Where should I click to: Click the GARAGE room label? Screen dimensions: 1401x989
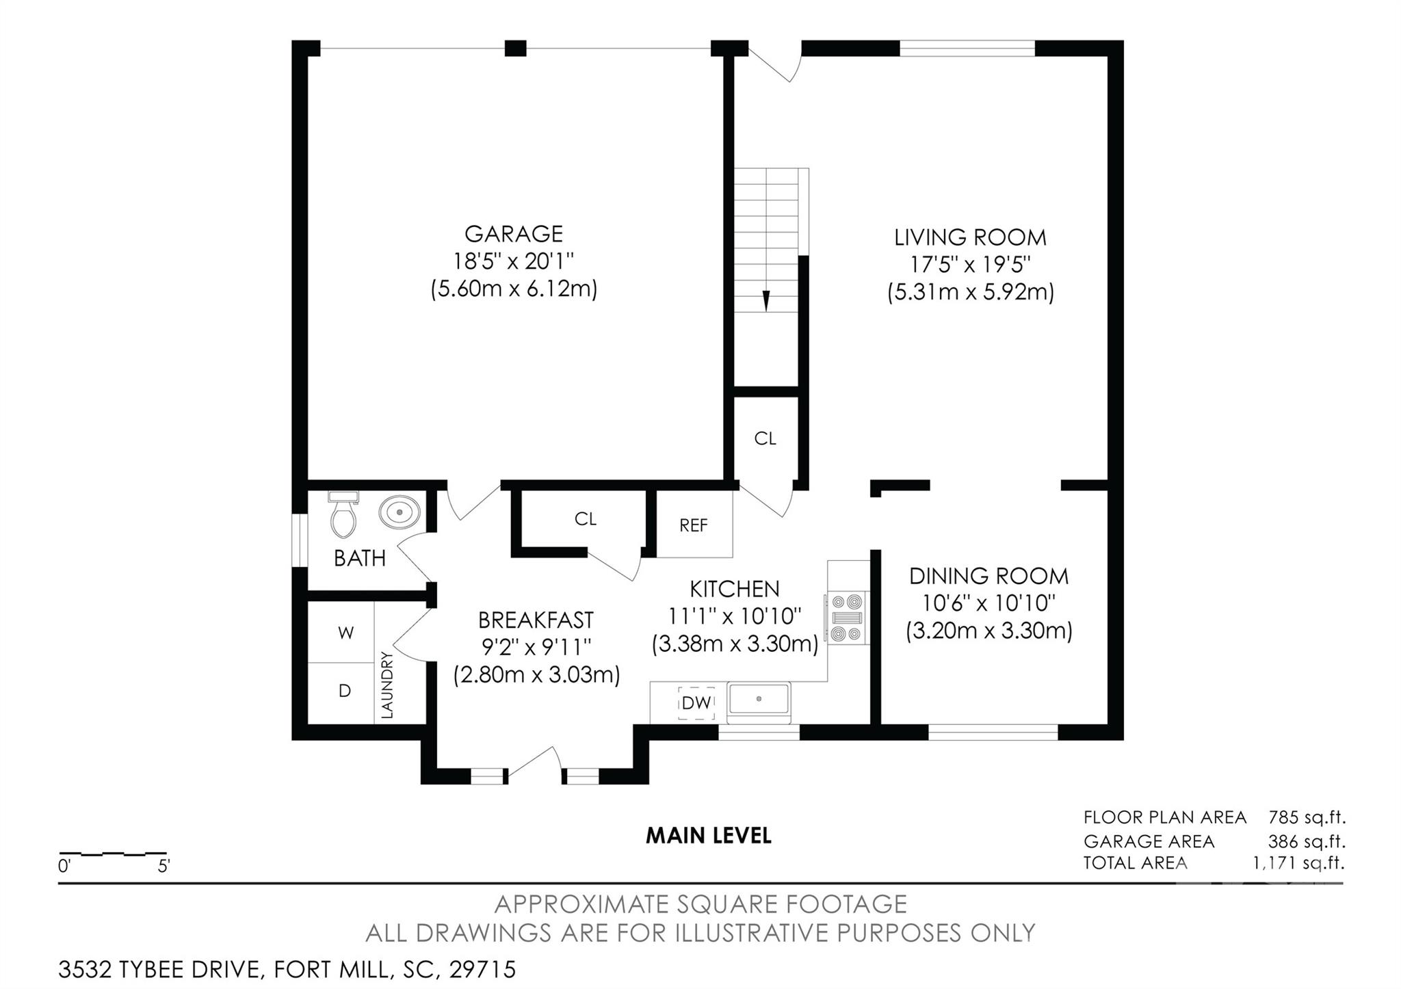click(x=514, y=234)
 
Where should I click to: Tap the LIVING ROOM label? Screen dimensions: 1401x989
click(x=970, y=237)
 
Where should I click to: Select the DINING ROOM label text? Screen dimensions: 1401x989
click(x=988, y=576)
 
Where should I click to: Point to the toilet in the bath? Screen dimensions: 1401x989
click(x=343, y=514)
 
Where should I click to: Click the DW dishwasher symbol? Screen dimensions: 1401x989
click(x=696, y=702)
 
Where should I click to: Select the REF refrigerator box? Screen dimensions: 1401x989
click(x=694, y=524)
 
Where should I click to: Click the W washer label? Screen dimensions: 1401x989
click(x=345, y=633)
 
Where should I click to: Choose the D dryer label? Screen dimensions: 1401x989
click(x=345, y=691)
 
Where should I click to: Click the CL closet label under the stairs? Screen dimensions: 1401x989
click(x=765, y=438)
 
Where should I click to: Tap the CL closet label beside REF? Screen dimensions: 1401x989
click(x=586, y=519)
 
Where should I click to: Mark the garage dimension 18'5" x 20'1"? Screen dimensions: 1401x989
click(x=514, y=261)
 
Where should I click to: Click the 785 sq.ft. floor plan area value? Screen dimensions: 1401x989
click(x=1307, y=817)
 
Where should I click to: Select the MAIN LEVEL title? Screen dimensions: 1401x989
click(x=709, y=835)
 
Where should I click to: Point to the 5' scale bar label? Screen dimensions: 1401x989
click(x=163, y=866)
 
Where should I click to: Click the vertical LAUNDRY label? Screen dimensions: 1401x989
click(x=387, y=685)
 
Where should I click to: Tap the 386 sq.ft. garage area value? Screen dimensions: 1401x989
click(x=1307, y=841)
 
